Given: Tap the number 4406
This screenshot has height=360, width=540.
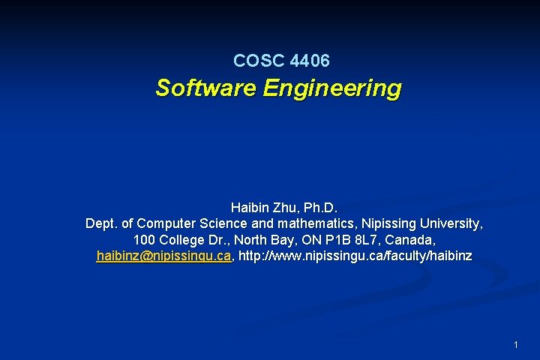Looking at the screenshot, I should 307,60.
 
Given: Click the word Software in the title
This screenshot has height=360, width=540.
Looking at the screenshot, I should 205,88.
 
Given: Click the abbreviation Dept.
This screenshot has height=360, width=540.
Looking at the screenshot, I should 100,223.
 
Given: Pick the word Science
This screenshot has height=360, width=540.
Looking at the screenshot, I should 223,223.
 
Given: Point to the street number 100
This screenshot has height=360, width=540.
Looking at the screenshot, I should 144,240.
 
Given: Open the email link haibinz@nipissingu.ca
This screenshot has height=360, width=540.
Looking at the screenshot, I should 163,256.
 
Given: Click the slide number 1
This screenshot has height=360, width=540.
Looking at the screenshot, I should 516,345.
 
